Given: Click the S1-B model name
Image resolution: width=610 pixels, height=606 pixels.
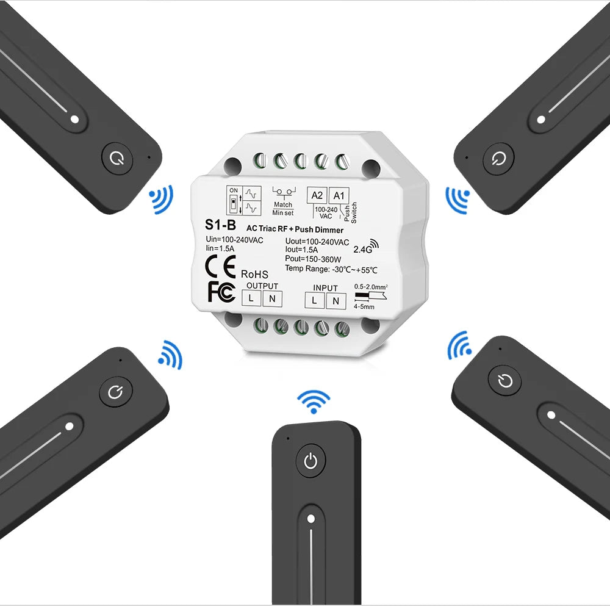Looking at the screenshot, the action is (220, 225).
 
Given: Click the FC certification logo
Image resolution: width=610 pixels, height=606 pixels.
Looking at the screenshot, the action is (222, 292).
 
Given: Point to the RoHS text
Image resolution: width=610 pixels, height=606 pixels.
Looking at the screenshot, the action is (254, 274).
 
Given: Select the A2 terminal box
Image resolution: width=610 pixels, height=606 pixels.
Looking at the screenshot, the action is (317, 195).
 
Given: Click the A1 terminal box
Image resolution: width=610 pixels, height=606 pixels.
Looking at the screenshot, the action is (339, 195).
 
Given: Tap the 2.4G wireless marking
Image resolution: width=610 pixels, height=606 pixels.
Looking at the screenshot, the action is (365, 246).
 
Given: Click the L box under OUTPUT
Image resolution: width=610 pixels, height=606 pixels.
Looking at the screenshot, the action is (251, 298).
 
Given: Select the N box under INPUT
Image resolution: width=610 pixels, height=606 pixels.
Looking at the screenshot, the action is (336, 301).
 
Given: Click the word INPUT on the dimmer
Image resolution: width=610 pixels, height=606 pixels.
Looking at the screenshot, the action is (325, 288).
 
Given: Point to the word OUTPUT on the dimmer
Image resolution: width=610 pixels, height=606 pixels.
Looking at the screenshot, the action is (262, 286).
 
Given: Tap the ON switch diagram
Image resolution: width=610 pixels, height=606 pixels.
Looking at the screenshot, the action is (234, 200).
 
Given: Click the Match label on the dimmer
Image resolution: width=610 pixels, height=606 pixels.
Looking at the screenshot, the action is (283, 204).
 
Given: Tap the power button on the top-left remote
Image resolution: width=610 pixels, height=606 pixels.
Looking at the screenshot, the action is (117, 159).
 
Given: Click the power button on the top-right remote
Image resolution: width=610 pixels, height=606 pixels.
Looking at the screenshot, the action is (498, 158).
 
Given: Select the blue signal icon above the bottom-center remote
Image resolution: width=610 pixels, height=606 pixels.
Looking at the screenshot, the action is (314, 402).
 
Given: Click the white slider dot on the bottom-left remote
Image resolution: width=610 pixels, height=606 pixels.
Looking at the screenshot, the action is (70, 427).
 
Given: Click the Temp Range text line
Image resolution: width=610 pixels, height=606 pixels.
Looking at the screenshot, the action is (331, 269).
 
